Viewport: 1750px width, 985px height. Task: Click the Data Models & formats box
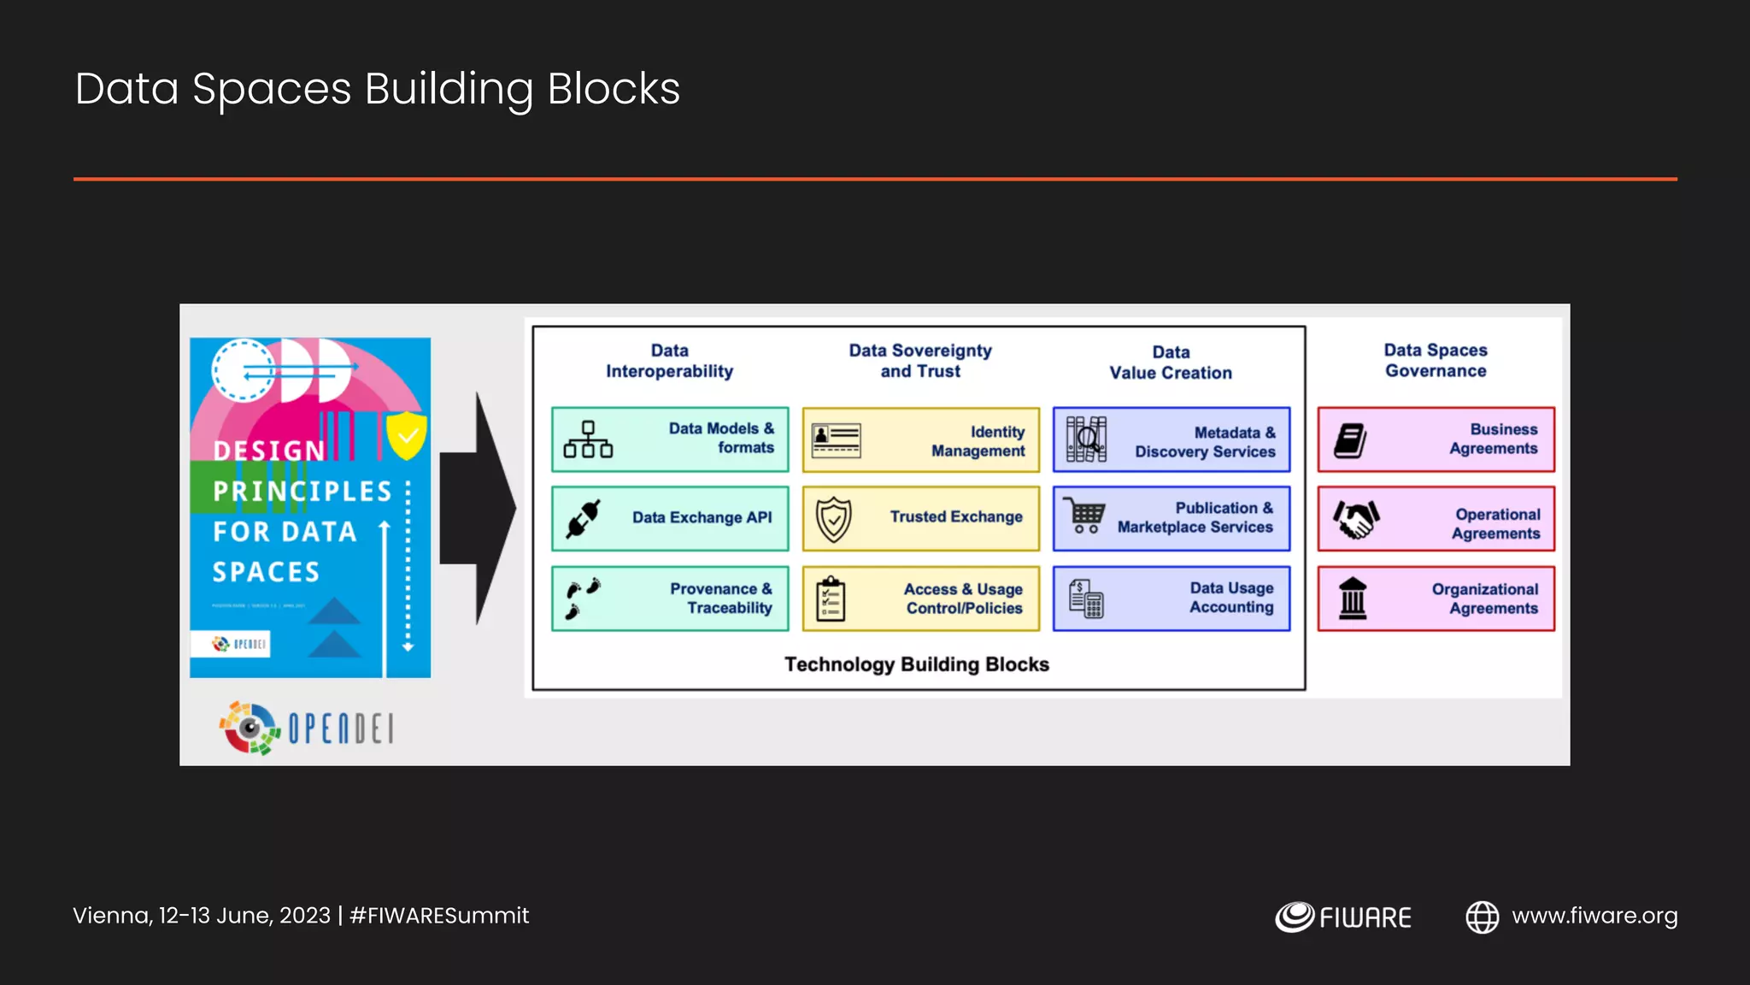[x=670, y=439]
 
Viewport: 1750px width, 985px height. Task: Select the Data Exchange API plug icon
[x=583, y=518]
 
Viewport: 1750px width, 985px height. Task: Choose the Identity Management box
[x=920, y=439]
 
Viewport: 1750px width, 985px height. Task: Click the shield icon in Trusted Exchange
[x=833, y=519]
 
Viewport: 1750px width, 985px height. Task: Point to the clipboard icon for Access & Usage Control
[x=831, y=599]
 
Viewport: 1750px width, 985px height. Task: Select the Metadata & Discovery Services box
[x=1171, y=439]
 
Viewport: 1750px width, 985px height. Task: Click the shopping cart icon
[x=1085, y=516]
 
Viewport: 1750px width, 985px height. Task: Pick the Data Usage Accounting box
[x=1171, y=599]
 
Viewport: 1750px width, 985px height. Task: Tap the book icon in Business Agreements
[x=1350, y=440]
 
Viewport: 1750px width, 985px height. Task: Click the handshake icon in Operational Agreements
[x=1356, y=519]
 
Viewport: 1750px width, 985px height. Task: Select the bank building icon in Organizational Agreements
[x=1353, y=598]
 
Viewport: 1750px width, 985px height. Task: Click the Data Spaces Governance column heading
[x=1436, y=361]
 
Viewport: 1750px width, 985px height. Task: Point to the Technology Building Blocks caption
[x=916, y=664]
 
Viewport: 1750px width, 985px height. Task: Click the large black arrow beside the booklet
[x=479, y=508]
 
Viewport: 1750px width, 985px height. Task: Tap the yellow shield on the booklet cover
[x=407, y=435]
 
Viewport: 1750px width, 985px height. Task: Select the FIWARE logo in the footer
[x=1343, y=917]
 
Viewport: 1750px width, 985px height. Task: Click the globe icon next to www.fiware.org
[x=1482, y=917]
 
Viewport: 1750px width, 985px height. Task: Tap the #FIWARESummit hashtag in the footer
[x=439, y=916]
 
